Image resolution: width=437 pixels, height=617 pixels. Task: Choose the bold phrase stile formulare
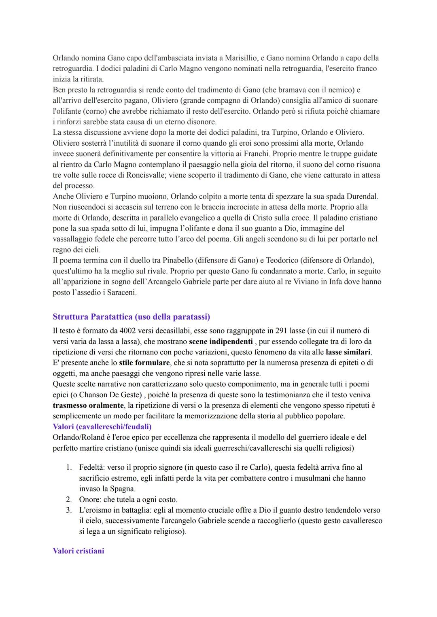[144, 363]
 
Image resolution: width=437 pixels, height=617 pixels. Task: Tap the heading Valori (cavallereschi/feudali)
[102, 426]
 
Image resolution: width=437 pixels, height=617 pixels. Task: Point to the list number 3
[69, 510]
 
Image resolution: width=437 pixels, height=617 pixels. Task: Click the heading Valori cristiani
[78, 551]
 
